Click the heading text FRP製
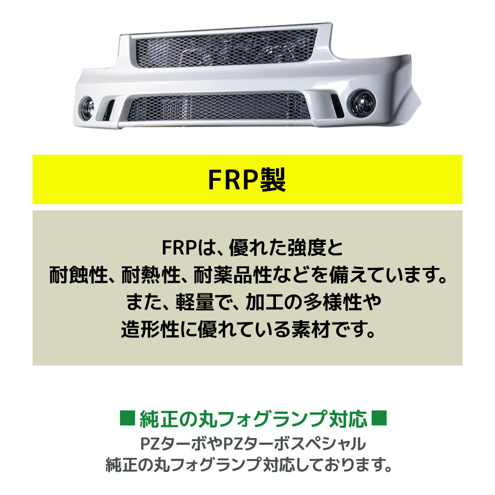coord(247,179)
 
